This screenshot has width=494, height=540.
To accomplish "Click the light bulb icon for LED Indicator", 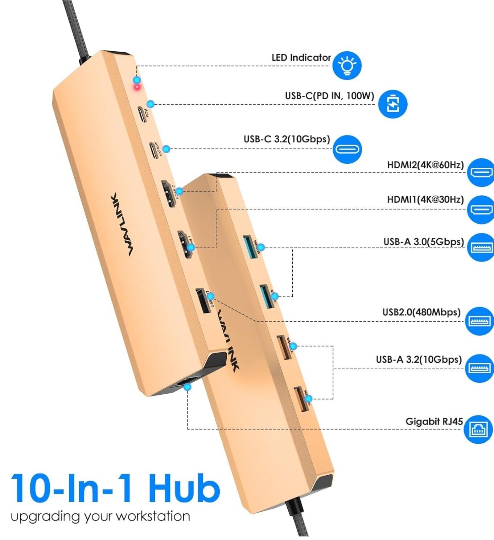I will [x=347, y=65].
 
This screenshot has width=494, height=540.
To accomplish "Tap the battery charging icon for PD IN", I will [x=392, y=104].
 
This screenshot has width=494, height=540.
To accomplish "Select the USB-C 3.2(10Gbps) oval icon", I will [x=347, y=149].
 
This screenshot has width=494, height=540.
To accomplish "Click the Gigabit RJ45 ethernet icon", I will [x=478, y=429].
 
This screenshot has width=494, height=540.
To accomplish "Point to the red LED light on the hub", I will [x=137, y=87].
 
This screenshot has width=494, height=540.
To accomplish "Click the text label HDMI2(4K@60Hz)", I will [x=425, y=165].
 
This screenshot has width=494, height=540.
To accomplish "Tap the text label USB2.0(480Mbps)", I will [x=421, y=312].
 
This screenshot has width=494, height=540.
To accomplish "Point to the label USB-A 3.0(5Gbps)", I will [x=424, y=242].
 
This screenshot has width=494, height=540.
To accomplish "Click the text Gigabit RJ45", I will [x=434, y=422].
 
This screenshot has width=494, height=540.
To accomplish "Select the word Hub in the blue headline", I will [x=184, y=488].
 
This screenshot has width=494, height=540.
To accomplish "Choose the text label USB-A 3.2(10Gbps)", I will [x=419, y=360].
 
